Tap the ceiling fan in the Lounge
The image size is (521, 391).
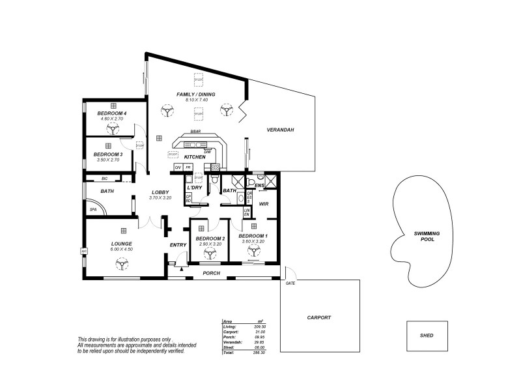(121, 264)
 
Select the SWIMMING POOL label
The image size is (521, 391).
(427, 236)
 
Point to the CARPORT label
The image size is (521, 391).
(319, 317)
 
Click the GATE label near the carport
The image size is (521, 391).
(290, 284)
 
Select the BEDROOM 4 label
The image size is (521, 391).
(112, 113)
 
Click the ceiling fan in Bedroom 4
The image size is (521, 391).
(112, 130)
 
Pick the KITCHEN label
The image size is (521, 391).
(195, 157)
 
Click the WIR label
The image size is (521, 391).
(264, 204)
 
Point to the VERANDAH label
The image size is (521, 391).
(281, 130)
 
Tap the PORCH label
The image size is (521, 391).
(212, 273)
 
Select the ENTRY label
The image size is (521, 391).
(178, 244)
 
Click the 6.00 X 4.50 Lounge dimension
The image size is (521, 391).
(121, 249)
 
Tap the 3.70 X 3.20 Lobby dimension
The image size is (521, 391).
(160, 197)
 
